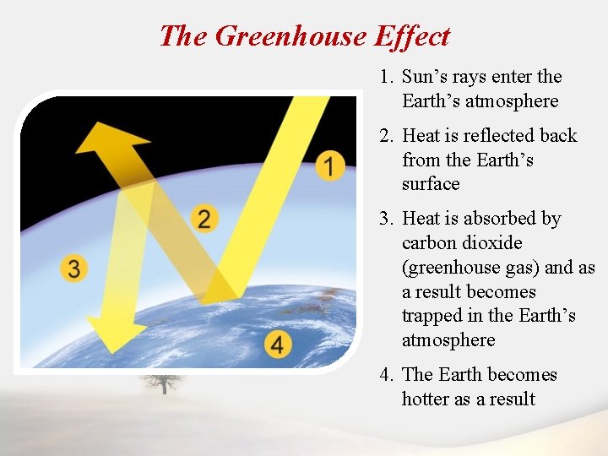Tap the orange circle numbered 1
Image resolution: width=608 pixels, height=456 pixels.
tap(330, 166)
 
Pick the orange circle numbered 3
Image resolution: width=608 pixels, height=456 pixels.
tap(74, 269)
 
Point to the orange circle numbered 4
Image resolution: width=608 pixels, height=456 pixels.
tap(277, 345)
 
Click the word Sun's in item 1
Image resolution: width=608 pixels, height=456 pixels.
tap(424, 77)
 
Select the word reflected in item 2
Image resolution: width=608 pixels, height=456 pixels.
tap(494, 136)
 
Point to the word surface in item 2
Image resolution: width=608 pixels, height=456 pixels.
tap(431, 184)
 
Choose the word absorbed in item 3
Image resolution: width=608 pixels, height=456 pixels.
tap(491, 219)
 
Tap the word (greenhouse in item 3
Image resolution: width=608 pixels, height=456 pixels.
tap(453, 268)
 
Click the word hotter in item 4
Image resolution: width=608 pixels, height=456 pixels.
tap(426, 399)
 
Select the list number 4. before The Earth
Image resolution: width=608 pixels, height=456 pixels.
tap(387, 374)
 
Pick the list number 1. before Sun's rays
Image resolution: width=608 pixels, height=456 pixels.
tap(387, 77)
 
